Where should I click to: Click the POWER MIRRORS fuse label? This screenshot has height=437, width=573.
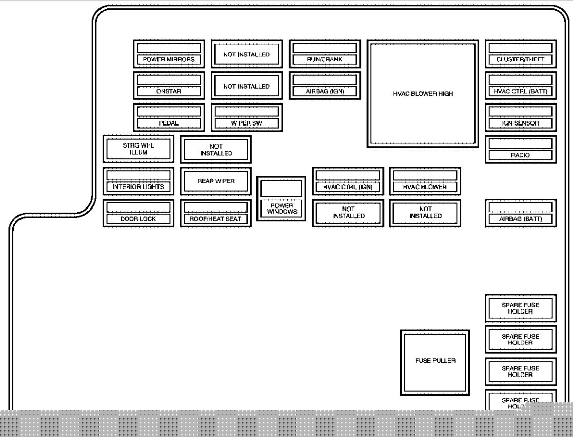[x=168, y=59]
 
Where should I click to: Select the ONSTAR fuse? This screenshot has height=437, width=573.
[x=169, y=86]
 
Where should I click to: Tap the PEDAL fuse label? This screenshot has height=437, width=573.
[x=168, y=123]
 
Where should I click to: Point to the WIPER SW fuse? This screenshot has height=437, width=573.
[x=247, y=117]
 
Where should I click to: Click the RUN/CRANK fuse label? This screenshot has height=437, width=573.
[x=325, y=59]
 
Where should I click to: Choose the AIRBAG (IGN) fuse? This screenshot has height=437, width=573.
[x=325, y=86]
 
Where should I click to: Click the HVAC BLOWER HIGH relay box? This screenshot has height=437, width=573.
[x=423, y=94]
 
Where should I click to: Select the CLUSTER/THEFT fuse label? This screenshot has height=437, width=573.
[x=520, y=59]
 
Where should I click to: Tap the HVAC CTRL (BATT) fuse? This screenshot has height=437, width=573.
[x=521, y=86]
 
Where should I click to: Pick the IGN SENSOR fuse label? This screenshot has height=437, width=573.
[x=520, y=123]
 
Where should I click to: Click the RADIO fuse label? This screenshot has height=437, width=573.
[x=520, y=155]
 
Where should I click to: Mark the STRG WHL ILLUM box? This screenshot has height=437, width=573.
[x=139, y=149]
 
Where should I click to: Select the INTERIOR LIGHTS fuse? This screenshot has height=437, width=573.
[x=139, y=181]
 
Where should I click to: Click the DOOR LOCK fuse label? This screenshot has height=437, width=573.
[x=138, y=219]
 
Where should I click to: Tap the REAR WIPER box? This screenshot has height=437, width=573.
[x=216, y=181]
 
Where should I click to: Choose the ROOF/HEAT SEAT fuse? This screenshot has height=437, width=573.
[x=216, y=213]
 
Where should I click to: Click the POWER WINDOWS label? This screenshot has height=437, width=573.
[x=282, y=209]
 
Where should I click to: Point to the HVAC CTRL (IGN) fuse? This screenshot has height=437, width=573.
[x=348, y=181]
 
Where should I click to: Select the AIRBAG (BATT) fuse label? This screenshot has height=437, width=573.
[x=520, y=219]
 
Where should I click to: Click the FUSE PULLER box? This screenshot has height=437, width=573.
[x=435, y=363]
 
